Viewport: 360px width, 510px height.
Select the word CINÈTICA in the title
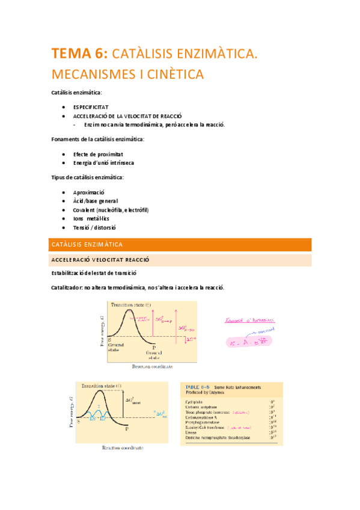tap(175, 75)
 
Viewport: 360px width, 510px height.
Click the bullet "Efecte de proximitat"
tap(98, 154)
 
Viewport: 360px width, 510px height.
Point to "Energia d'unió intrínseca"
tap(103, 163)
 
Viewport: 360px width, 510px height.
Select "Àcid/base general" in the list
tap(95, 201)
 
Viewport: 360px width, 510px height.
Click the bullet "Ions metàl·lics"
tap(95, 219)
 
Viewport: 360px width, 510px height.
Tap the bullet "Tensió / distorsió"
tap(94, 228)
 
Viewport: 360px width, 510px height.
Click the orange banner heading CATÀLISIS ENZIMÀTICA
tap(87, 245)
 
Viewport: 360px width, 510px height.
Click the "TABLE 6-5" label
tap(196, 386)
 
